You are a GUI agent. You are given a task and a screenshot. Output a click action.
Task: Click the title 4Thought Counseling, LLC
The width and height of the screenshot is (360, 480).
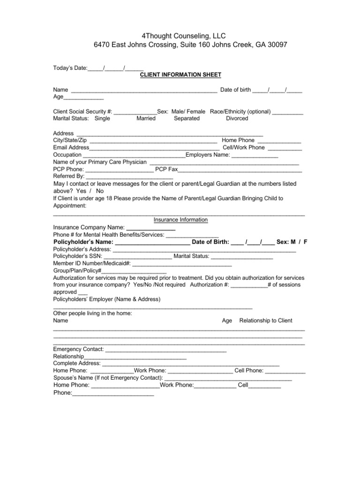pos(180,36)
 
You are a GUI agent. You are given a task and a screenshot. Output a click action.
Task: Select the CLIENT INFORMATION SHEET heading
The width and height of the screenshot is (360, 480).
pos(181,75)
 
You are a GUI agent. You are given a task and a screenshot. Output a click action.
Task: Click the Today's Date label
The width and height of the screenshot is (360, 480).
pos(70,68)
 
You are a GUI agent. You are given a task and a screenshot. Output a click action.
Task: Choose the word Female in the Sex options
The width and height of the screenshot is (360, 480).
pos(196,112)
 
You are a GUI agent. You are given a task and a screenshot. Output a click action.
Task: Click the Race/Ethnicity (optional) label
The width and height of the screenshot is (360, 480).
pos(240,112)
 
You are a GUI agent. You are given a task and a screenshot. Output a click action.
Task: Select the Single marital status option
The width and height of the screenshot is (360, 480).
pos(102,119)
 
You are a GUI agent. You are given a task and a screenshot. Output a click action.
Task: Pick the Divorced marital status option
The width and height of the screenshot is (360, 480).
pos(237,119)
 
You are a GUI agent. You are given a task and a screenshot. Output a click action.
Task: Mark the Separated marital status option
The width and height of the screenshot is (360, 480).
pos(187,119)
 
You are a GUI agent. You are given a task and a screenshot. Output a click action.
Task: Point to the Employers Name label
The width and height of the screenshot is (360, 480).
pos(208,155)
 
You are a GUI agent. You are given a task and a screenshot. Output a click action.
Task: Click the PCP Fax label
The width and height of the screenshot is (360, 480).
pos(166,169)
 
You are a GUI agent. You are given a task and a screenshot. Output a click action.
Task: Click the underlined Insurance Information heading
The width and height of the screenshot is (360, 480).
pos(180,220)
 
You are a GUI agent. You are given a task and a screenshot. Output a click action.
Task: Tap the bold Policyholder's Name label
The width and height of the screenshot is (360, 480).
pos(83,242)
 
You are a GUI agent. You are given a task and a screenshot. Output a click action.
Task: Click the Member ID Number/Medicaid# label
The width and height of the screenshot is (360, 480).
pos(92,264)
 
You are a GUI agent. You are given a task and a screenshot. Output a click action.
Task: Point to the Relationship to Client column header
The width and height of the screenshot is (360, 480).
pos(266,321)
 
